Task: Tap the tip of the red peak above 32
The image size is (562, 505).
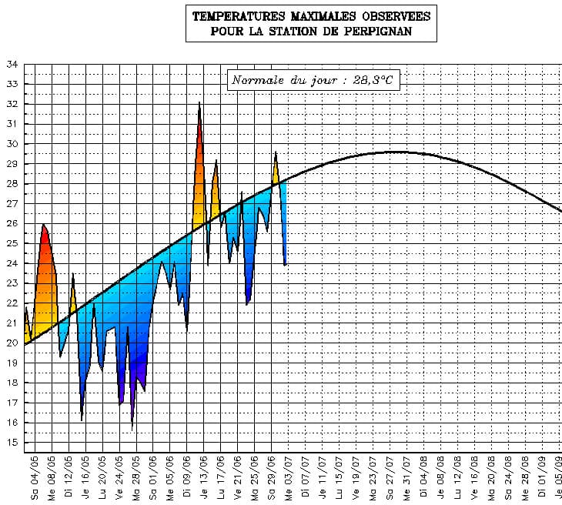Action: [199, 102]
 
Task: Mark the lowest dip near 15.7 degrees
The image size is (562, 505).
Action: [132, 428]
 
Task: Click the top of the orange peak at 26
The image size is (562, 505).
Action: [43, 224]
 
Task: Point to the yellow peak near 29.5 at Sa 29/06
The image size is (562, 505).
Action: [276, 152]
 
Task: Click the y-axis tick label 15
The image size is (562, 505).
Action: [12, 443]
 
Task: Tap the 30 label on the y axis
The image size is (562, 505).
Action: [12, 144]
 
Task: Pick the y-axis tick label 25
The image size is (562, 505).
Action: [12, 243]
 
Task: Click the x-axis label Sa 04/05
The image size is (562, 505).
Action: [34, 477]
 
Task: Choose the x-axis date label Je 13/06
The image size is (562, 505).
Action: [203, 477]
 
